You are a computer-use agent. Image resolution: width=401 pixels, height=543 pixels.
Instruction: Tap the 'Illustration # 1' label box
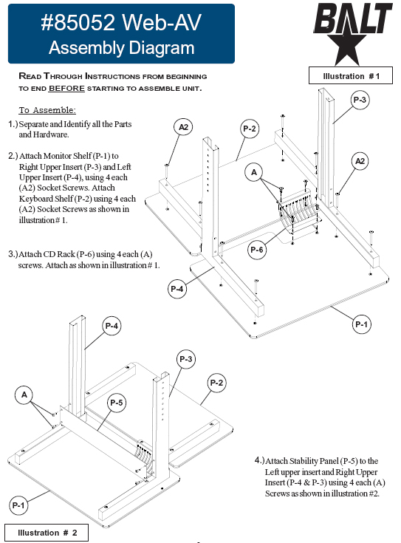pyautogui.click(x=351, y=75)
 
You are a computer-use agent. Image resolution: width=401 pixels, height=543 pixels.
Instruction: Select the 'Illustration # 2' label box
pyautogui.click(x=47, y=533)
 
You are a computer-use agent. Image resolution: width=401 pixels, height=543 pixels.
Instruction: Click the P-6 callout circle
pyautogui.click(x=256, y=250)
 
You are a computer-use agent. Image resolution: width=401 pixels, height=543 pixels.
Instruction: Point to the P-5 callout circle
pyautogui.click(x=117, y=403)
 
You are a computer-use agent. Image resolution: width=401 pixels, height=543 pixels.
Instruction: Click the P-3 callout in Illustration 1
pyautogui.click(x=360, y=100)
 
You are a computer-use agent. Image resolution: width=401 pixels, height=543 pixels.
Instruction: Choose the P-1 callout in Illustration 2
pyautogui.click(x=18, y=505)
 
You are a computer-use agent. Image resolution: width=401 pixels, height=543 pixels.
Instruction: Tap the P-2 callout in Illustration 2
pyautogui.click(x=216, y=383)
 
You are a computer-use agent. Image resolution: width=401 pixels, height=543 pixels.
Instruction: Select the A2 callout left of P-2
pyautogui.click(x=183, y=127)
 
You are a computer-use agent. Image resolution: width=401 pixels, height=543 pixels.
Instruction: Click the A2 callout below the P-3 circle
pyautogui.click(x=360, y=161)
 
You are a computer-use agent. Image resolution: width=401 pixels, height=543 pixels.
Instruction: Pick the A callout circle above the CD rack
pyautogui.click(x=254, y=172)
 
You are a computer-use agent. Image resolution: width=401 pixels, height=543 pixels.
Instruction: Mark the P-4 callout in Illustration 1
pyautogui.click(x=177, y=288)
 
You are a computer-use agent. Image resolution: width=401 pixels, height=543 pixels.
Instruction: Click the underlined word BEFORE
pyautogui.click(x=66, y=89)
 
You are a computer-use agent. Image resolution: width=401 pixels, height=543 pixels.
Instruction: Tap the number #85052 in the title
pyautogui.click(x=78, y=22)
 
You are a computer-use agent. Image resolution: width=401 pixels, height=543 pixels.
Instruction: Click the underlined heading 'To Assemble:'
pyautogui.click(x=47, y=110)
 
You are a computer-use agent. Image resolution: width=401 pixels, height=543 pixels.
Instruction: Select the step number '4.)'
pyautogui.click(x=259, y=460)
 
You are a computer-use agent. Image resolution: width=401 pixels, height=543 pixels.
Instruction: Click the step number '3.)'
pyautogui.click(x=13, y=254)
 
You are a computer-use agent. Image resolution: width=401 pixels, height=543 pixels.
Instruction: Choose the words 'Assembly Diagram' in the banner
pyautogui.click(x=122, y=48)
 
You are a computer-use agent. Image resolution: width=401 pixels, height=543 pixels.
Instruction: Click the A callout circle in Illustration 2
pyautogui.click(x=24, y=395)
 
